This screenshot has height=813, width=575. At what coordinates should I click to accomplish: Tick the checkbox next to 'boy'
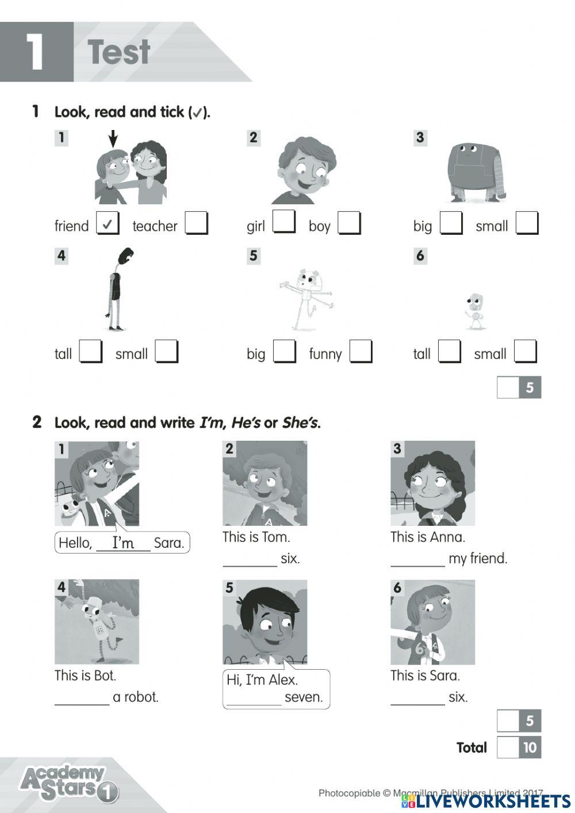pos(349,223)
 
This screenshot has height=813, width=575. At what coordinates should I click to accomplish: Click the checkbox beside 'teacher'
pos(196,223)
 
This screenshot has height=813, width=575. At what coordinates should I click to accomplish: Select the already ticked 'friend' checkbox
pos(108,223)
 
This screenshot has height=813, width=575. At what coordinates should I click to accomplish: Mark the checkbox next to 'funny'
pos(361,352)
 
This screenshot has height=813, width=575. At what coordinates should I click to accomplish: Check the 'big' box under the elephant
pos(451,223)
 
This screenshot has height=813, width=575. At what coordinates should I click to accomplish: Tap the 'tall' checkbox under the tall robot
pos(90,352)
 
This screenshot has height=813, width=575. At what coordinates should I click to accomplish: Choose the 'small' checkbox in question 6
pos(525,352)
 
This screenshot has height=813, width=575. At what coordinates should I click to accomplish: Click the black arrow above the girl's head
pos(113,138)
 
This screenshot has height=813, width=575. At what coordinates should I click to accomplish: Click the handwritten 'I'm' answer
pos(123,543)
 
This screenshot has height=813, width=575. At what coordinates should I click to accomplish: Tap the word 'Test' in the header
pos(119,52)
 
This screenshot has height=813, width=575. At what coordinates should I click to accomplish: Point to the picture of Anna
pos(432,483)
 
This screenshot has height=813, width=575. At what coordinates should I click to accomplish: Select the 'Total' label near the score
pos(471,747)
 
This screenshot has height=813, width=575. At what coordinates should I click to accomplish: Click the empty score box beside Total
pos(508,747)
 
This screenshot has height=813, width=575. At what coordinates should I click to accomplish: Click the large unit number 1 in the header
pos(36,52)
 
